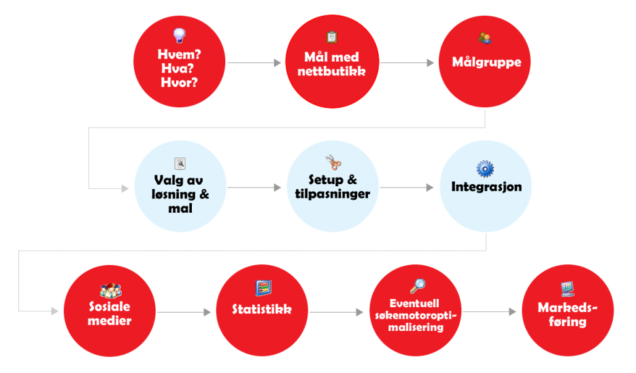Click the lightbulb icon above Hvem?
pos(180,35)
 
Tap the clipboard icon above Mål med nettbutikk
pos(332,37)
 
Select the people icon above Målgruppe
pos(484,38)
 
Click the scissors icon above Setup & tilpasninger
pos(333,163)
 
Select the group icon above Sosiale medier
pos(110,291)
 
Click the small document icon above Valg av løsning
pos(180,163)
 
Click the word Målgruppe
pos(486,63)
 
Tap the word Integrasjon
pos(486,186)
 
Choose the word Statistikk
pos(262,310)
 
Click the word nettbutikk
pos(332,70)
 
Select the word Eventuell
pos(416,303)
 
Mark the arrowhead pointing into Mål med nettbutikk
pos(278,63)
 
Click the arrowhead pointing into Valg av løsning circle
pos(125,188)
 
